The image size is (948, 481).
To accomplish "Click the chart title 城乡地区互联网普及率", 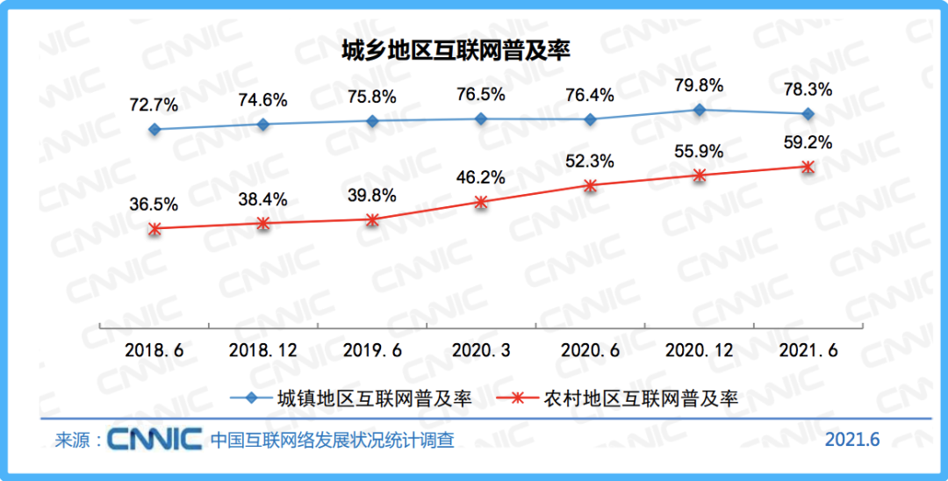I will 456,51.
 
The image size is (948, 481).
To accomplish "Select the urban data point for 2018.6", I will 154,129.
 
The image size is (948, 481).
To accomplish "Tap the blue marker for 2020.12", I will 700,110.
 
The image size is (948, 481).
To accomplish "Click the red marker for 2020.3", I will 481,202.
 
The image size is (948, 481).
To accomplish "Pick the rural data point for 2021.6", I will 808,167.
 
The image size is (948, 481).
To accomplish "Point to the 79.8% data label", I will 700,85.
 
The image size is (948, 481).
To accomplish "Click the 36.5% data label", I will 154,204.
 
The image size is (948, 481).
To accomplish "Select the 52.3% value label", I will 590,162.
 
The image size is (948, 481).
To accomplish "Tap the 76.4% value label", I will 590,95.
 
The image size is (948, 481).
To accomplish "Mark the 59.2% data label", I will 808,142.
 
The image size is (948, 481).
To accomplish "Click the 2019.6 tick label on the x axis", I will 372,349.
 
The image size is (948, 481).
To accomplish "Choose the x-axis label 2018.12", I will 263,349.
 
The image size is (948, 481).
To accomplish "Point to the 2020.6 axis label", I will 590,349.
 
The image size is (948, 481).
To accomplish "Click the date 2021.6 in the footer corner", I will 851,439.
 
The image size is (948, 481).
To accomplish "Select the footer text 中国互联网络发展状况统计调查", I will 333,439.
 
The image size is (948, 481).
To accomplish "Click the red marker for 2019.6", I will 372,219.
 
